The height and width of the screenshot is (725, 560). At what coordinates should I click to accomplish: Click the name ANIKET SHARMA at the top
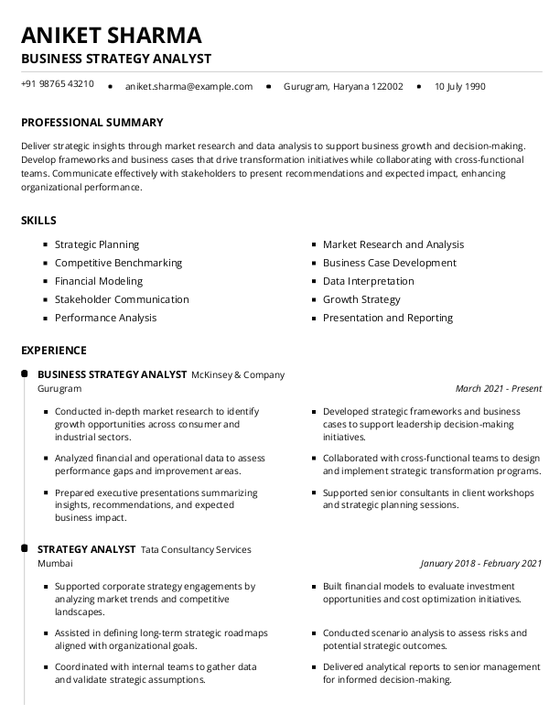[x=112, y=36]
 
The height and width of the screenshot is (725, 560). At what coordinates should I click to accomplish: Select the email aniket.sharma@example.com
[x=188, y=87]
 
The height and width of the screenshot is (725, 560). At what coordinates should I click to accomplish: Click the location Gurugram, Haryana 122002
[x=343, y=87]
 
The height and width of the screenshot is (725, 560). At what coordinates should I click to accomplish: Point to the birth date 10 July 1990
[x=460, y=87]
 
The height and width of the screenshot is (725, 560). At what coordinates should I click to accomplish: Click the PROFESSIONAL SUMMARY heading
[x=92, y=123]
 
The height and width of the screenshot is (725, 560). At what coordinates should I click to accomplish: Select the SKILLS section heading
[x=38, y=221]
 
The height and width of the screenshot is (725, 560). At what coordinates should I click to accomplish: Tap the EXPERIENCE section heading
[x=54, y=351]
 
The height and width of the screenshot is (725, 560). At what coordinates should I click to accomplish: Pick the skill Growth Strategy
[x=361, y=299]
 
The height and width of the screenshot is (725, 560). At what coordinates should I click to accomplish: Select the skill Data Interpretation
[x=368, y=281]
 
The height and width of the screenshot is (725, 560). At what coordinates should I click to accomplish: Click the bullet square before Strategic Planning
[x=45, y=245]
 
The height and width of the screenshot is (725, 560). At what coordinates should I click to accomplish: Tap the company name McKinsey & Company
[x=238, y=374]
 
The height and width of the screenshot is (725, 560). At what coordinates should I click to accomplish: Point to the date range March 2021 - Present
[x=498, y=389]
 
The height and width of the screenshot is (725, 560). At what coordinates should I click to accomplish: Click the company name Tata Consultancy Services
[x=196, y=549]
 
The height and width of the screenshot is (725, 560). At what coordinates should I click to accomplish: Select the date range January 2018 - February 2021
[x=480, y=564]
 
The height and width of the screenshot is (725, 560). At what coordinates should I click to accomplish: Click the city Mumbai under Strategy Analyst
[x=55, y=564]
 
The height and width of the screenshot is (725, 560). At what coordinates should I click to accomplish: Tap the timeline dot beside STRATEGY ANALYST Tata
[x=23, y=549]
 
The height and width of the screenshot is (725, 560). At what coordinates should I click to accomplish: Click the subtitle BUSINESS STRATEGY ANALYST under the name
[x=116, y=60]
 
